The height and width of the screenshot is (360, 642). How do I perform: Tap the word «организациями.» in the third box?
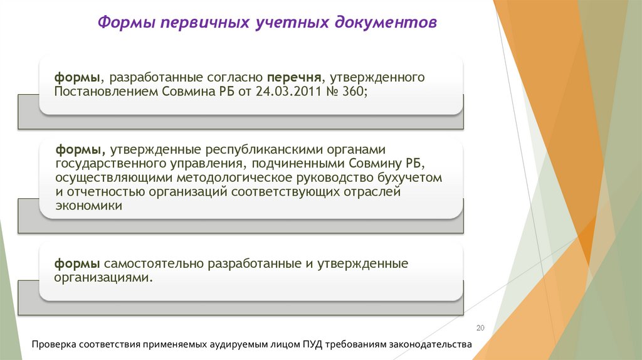(103, 277)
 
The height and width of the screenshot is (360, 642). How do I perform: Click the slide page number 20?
(481, 328)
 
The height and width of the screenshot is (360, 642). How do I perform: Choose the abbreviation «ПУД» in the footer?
(315, 345)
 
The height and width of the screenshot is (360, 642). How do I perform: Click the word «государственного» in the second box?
(103, 164)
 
